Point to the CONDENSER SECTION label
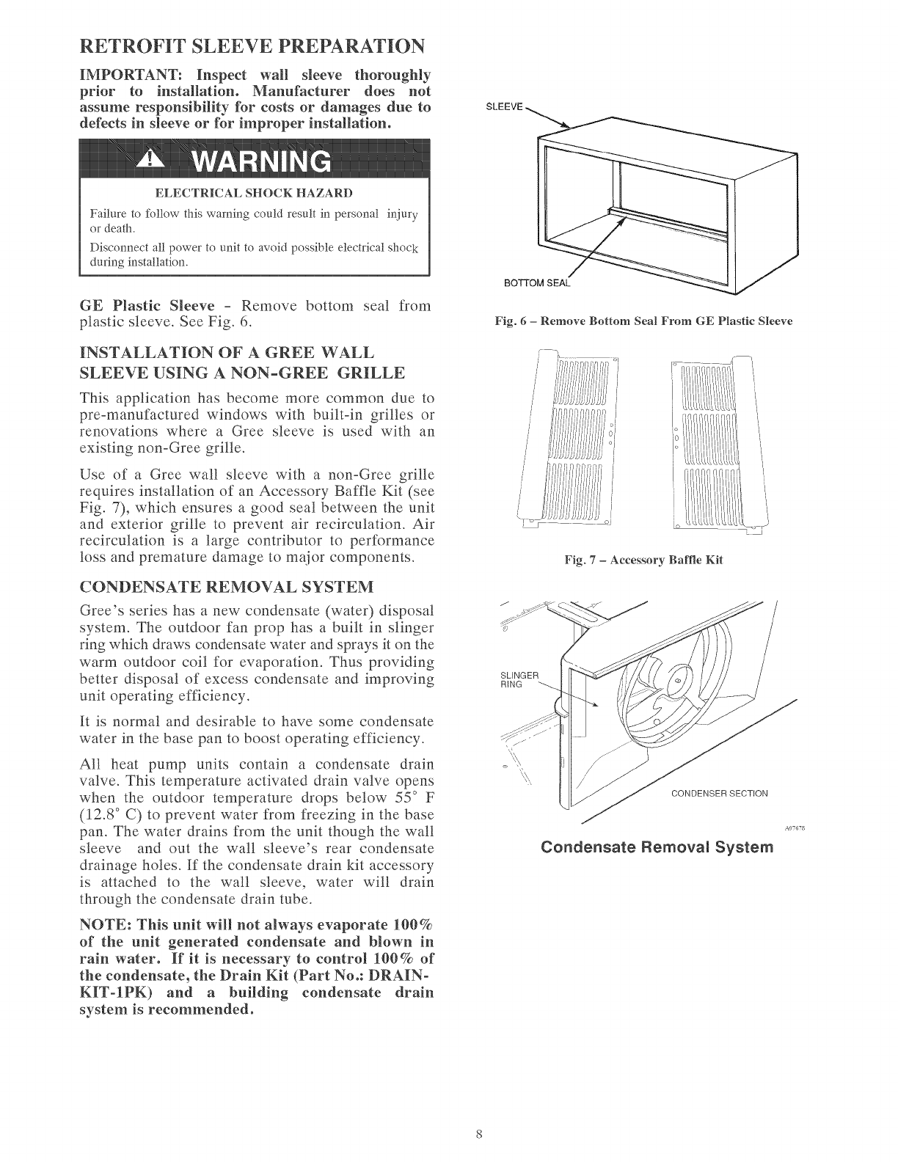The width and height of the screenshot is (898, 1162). pos(719,793)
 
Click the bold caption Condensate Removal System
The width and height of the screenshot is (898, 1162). pos(667,847)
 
